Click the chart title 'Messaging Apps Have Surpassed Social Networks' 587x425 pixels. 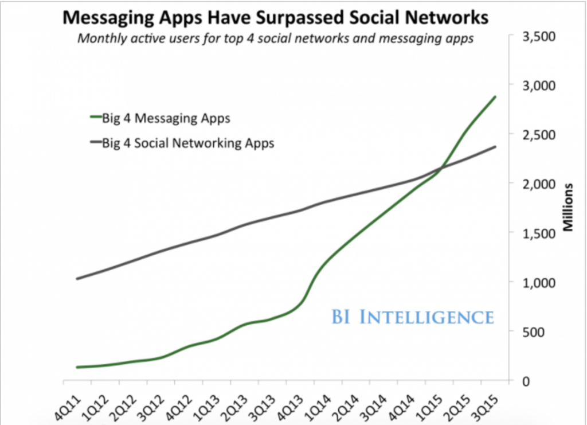(275, 18)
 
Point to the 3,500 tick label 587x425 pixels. (537, 36)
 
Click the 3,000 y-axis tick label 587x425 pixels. (537, 85)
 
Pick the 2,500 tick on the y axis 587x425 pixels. (537, 135)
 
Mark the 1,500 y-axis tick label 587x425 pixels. (537, 233)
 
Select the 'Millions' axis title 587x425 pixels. (569, 208)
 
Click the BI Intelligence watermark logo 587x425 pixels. (412, 317)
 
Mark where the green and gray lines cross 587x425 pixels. (442, 167)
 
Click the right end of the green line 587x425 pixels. (496, 96)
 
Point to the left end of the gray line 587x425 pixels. (77, 279)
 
